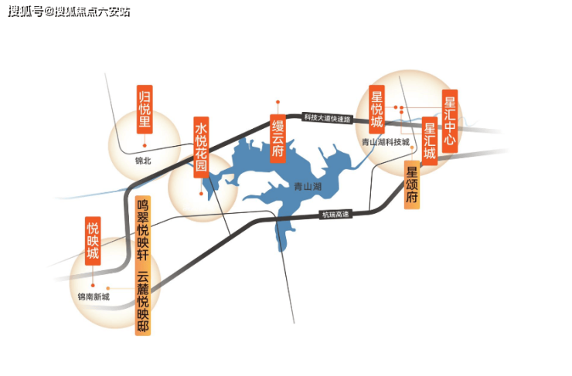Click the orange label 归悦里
pyautogui.click(x=145, y=110)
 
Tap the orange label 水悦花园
pyautogui.click(x=201, y=147)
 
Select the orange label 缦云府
pyautogui.click(x=277, y=138)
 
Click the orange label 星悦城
pyautogui.click(x=376, y=110)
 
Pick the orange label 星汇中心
pyautogui.click(x=450, y=121)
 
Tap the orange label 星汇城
pyautogui.click(x=429, y=141)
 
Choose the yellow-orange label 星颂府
pyautogui.click(x=412, y=185)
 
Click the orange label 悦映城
pyautogui.click(x=93, y=241)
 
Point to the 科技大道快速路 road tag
pyautogui.click(x=328, y=118)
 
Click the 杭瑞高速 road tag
pyautogui.click(x=335, y=214)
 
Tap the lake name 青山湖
pyautogui.click(x=308, y=187)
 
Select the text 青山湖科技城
pyautogui.click(x=386, y=142)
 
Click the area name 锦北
pyautogui.click(x=143, y=161)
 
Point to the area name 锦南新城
pyautogui.click(x=94, y=297)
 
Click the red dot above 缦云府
pyautogui.click(x=277, y=102)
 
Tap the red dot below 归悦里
pyautogui.click(x=145, y=145)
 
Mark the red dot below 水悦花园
pyautogui.click(x=201, y=194)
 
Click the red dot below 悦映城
pyautogui.click(x=93, y=285)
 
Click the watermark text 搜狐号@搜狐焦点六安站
pyautogui.click(x=69, y=12)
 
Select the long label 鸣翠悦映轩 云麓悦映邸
pyautogui.click(x=143, y=266)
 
